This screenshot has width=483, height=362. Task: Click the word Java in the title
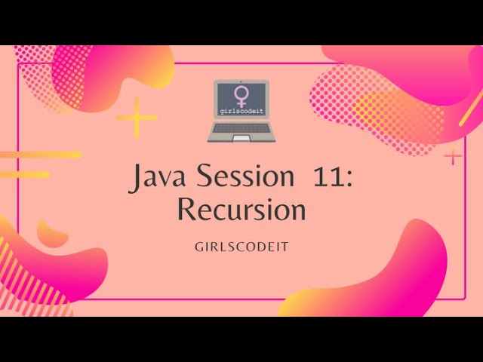tap(160, 178)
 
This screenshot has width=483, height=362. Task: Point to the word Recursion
tap(241, 210)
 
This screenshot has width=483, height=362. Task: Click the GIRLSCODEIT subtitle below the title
tap(241, 247)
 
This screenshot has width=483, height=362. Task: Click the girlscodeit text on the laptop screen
tap(238, 111)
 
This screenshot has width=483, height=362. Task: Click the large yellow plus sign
tap(137, 118)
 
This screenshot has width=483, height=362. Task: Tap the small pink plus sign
tap(453, 156)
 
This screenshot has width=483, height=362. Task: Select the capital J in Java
tap(138, 179)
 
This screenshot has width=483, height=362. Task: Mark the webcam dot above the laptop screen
tap(239, 81)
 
